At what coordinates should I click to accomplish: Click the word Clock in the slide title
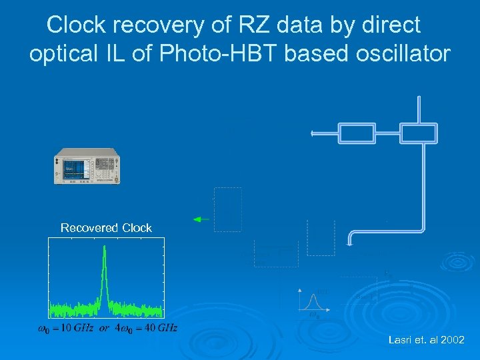pos(79,25)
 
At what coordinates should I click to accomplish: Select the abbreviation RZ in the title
pos(243,25)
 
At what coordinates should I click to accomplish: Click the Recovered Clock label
pos(106,228)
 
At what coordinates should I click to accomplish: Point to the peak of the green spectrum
pos(104,248)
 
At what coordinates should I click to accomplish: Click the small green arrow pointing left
pos(200,219)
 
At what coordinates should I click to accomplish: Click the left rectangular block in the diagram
pos(357,133)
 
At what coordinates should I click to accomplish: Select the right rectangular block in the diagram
pos(418,133)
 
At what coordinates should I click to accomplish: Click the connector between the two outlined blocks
pos(387,133)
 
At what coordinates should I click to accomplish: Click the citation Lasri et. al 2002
pos(426,340)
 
